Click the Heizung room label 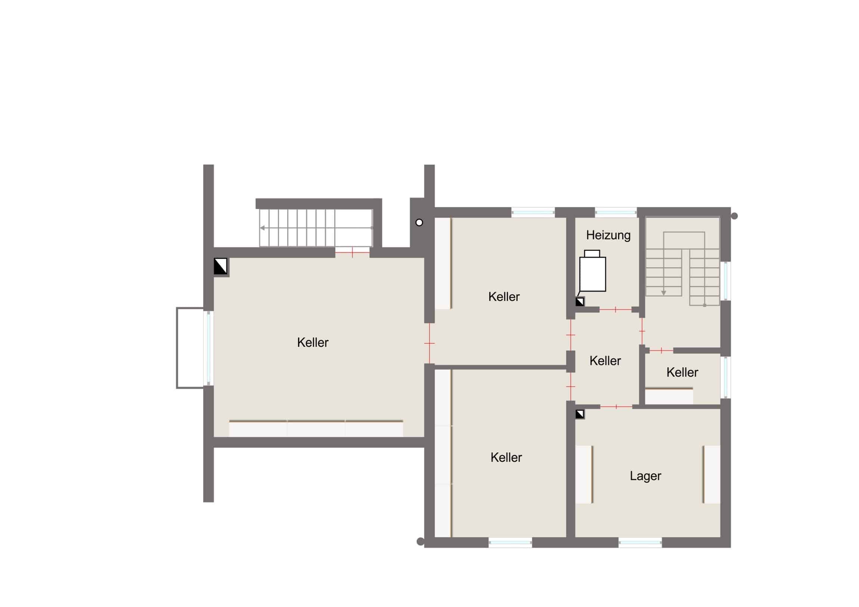coord(608,235)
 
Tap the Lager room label coord(645,476)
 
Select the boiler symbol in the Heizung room coord(592,271)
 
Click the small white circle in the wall coord(419,222)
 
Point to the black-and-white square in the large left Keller coord(220,266)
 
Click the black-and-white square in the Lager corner coord(580,414)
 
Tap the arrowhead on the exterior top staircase coord(262,228)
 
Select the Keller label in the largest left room coord(313,343)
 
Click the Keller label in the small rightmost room coord(682,373)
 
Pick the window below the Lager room coord(640,543)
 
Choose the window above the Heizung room coord(616,212)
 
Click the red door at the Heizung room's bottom coord(615,310)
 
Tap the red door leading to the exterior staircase coord(352,253)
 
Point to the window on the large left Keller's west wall coord(208,348)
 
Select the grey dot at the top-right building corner coord(734,216)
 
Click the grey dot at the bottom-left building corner coord(420,541)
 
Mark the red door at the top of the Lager coord(616,407)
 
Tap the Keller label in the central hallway coord(605,361)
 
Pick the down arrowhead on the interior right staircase coord(664,293)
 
